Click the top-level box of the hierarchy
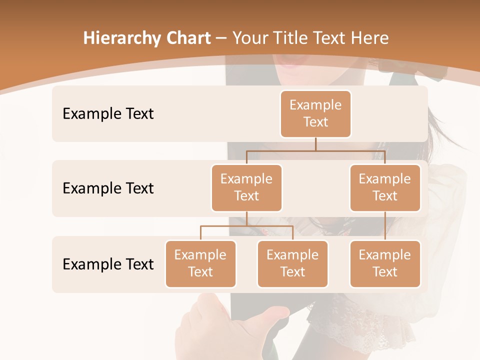315,113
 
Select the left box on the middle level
246,187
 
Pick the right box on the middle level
385,187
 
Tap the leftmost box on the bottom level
200,263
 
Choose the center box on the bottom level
292,263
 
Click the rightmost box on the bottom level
385,263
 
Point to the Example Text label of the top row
108,113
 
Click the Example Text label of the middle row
108,188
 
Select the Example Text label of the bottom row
108,264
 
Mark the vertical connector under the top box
315,144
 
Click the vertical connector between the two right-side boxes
385,226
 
